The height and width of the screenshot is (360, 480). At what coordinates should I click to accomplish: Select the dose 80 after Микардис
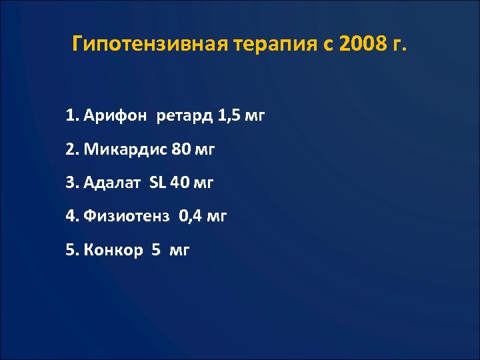point(180,149)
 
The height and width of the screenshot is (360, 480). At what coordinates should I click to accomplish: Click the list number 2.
point(70,149)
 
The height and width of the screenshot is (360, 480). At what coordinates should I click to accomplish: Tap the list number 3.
point(70,183)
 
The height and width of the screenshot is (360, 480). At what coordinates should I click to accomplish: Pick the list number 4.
point(70,216)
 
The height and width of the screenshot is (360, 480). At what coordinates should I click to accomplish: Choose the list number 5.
point(70,250)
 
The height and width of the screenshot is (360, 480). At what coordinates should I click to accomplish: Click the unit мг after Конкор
point(180,251)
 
